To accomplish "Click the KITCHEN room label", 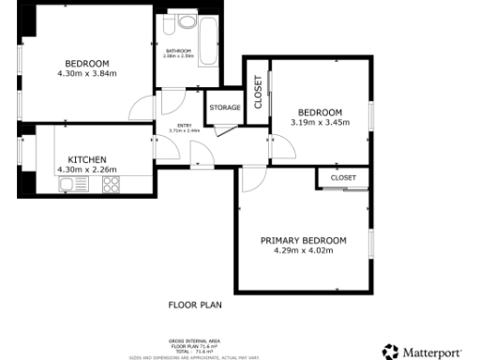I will click(x=86, y=159).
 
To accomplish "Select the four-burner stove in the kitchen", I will click(x=111, y=185).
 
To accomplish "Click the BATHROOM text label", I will click(x=178, y=51).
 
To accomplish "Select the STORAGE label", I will click(x=224, y=107).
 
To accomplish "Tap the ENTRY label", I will click(x=185, y=126).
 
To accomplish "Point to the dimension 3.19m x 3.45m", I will click(x=320, y=122).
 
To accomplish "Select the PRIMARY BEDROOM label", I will click(x=303, y=240).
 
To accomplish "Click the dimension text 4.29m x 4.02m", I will click(x=303, y=250).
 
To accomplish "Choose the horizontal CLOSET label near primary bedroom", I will click(x=343, y=177).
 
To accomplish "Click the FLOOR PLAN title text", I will click(x=195, y=304).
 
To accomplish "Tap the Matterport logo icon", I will click(x=389, y=352).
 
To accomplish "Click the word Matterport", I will click(x=432, y=352).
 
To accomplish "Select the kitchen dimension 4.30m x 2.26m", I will click(x=86, y=170).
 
